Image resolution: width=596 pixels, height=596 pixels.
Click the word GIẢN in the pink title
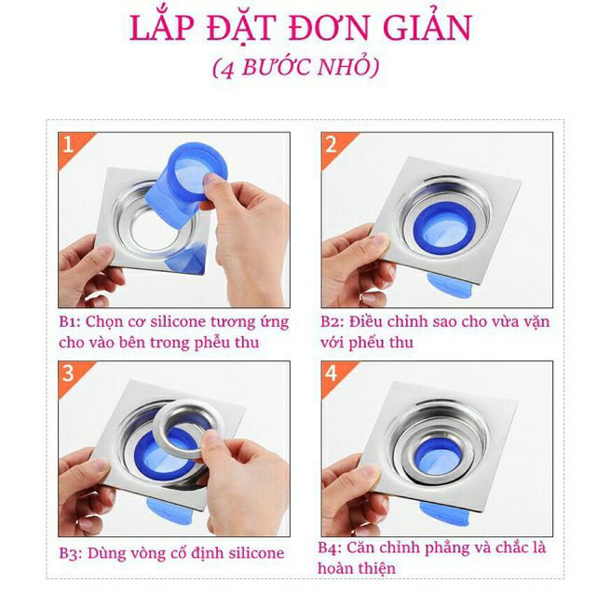pyautogui.click(x=427, y=27)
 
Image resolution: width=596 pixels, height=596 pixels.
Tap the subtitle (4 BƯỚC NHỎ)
pyautogui.click(x=296, y=67)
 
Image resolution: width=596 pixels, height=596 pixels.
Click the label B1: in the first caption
pyautogui.click(x=70, y=321)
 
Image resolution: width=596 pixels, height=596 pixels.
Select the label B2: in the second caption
pyautogui.click(x=332, y=321)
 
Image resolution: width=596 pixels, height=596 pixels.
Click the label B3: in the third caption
pyautogui.click(x=71, y=553)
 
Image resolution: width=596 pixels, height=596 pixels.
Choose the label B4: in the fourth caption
pyautogui.click(x=330, y=548)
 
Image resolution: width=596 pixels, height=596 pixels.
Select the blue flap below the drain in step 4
pyautogui.click(x=444, y=513)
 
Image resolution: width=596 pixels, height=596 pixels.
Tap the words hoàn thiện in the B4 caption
pyautogui.click(x=357, y=569)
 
